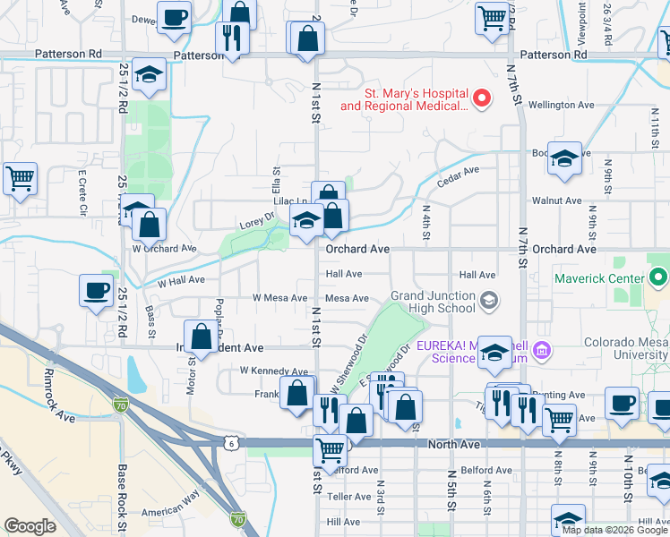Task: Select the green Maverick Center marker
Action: coord(658,277)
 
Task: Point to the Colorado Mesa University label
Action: coord(625,348)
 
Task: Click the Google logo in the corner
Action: coord(30,525)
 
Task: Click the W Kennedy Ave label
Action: coord(273,371)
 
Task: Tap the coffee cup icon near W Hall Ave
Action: coord(96,290)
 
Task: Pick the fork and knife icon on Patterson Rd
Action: coord(231,38)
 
